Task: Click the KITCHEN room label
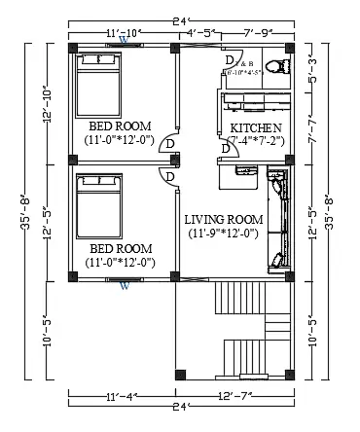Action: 256,128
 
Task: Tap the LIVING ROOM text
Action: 224,220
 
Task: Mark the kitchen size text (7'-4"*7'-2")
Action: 256,142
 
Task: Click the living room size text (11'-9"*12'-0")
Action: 224,234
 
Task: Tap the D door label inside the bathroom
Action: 230,60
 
